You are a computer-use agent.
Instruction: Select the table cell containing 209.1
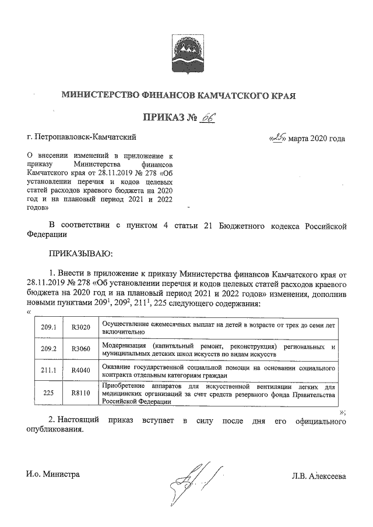click(x=49, y=328)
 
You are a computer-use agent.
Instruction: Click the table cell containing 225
click(x=49, y=393)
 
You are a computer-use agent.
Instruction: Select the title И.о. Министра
click(x=52, y=474)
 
